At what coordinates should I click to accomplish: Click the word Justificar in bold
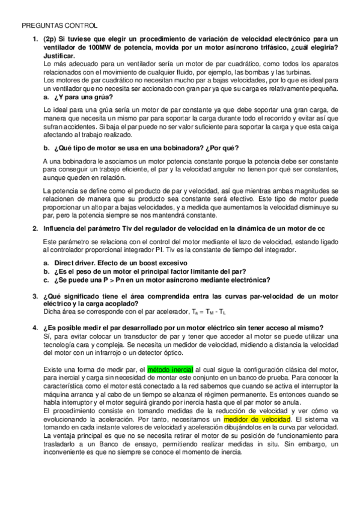click(63, 56)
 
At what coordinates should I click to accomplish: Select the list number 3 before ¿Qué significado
click(34, 296)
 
